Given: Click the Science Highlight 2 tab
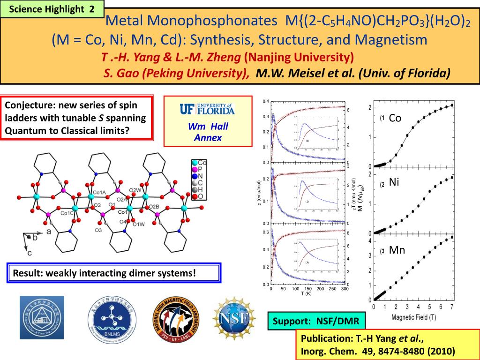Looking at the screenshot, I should coord(52,9).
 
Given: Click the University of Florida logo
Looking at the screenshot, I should coord(207,109).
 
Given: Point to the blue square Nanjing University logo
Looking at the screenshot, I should coord(42,318).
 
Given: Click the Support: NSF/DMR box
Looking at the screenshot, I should coord(316,322).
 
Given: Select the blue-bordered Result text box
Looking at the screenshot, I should coord(114,273).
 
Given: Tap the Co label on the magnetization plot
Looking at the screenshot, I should coord(395,118).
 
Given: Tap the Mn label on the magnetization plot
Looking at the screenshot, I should coord(397,250).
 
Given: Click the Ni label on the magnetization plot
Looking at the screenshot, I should coord(394,182).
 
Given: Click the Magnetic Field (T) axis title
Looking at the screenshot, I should coord(414,318).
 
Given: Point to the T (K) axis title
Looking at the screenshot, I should coord(306,294).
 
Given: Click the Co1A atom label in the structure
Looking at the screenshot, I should coord(99,192).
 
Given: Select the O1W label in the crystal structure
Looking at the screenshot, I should coord(139,224).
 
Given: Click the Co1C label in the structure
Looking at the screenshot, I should coord(67,213).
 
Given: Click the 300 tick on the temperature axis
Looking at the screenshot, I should coord(345,289).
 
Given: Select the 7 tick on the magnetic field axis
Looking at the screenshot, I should coord(451,307).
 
